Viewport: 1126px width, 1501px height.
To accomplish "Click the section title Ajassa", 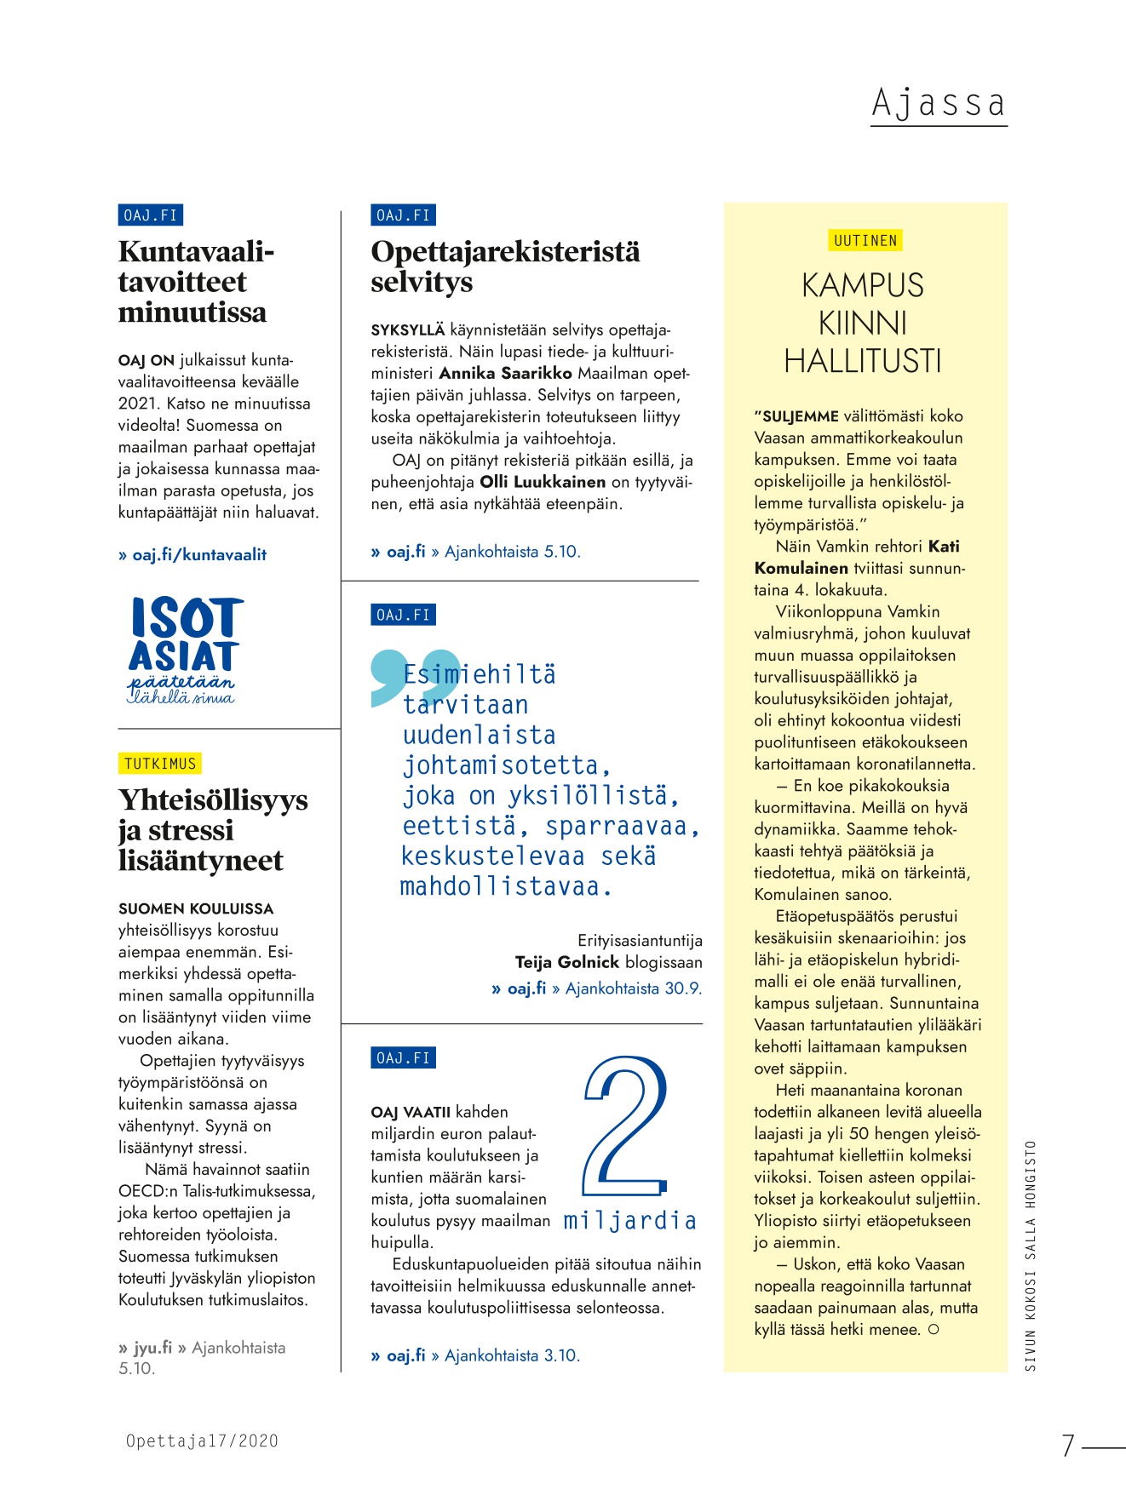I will pyautogui.click(x=938, y=104).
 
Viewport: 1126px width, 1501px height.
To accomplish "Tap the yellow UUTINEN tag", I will pyautogui.click(x=865, y=241).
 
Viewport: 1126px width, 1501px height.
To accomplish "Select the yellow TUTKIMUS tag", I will pyautogui.click(x=160, y=764).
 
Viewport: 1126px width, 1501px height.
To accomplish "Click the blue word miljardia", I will pyautogui.click(x=629, y=1221).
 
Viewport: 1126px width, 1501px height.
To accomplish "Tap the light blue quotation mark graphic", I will pyautogui.click(x=414, y=677).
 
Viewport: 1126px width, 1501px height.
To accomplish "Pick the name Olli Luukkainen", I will pyautogui.click(x=543, y=482).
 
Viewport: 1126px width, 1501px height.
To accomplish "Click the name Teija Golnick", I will pyautogui.click(x=566, y=963).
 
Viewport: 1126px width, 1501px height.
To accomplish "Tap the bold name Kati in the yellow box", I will pyautogui.click(x=944, y=547).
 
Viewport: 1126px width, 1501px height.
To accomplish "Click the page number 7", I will pyautogui.click(x=1068, y=1446).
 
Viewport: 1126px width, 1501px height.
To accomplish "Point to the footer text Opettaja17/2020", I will pyautogui.click(x=202, y=1441).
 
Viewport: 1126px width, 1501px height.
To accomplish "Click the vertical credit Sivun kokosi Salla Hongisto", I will pyautogui.click(x=1031, y=1256).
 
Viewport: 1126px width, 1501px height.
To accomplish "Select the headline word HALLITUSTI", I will pyautogui.click(x=862, y=361).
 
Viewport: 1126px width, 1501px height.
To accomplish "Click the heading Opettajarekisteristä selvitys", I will pyautogui.click(x=505, y=266).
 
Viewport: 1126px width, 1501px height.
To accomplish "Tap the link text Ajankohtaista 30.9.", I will pyautogui.click(x=634, y=988).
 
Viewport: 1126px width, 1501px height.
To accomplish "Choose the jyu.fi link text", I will pyautogui.click(x=152, y=1348).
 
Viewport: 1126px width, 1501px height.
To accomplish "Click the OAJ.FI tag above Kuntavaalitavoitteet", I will pyautogui.click(x=151, y=215).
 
